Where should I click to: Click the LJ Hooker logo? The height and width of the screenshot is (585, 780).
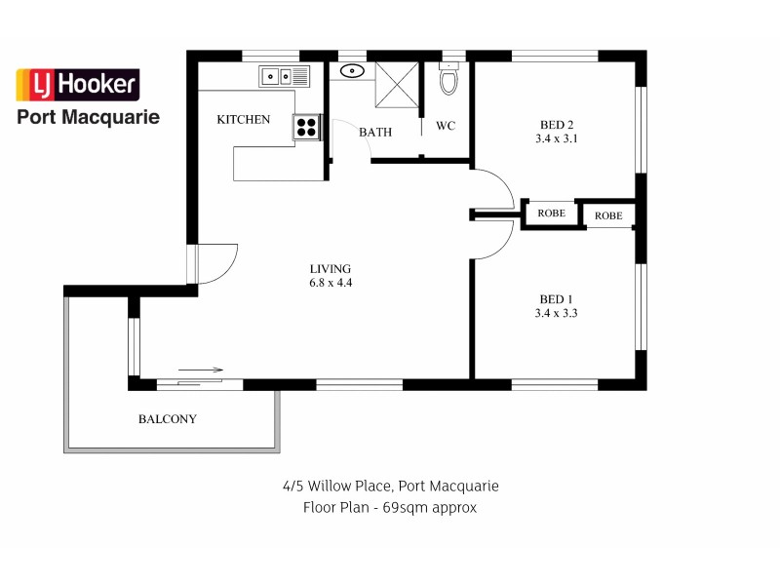78,85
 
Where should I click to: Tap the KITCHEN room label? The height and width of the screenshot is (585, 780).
243,120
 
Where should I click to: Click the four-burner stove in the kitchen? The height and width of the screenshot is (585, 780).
307,127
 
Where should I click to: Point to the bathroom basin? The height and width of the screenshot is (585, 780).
352,71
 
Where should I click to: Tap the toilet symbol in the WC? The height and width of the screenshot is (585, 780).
448,79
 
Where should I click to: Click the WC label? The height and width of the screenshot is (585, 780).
447,126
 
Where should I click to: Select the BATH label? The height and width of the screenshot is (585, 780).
375,132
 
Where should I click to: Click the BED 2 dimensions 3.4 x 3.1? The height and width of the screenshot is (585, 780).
558,139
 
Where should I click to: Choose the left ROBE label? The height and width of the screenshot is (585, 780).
552,214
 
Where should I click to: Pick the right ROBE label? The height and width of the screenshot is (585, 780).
608,215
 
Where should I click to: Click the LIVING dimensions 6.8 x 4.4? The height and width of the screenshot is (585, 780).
331,284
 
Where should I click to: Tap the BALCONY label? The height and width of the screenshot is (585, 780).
168,419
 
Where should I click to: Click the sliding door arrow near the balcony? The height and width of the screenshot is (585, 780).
201,370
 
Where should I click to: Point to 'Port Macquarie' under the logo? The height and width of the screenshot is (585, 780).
89,117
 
